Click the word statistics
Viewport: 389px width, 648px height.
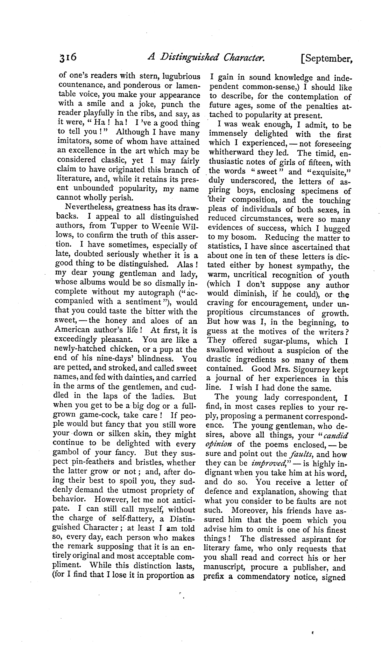[x=226, y=247]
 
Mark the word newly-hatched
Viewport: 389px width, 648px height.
[x=80, y=349]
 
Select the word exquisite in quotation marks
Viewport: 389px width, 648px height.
[x=327, y=172]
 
